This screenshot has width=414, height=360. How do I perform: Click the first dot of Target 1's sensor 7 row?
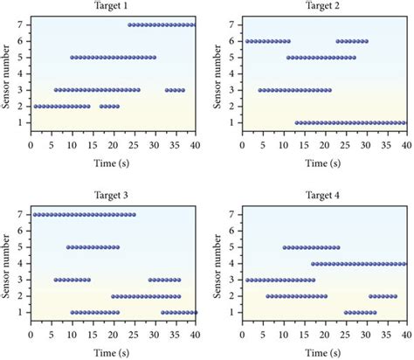click(x=129, y=24)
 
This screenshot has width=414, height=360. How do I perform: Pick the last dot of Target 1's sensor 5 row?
click(x=154, y=58)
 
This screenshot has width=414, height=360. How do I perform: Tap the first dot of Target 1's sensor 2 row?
click(x=35, y=107)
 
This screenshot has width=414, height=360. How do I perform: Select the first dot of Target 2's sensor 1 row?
click(x=297, y=123)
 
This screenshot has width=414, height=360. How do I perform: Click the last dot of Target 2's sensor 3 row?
click(x=329, y=90)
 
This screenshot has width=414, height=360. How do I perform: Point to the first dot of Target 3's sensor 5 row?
click(x=68, y=247)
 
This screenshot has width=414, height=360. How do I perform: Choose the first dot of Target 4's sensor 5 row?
click(x=285, y=247)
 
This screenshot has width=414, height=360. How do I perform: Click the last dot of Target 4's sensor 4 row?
click(x=404, y=263)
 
